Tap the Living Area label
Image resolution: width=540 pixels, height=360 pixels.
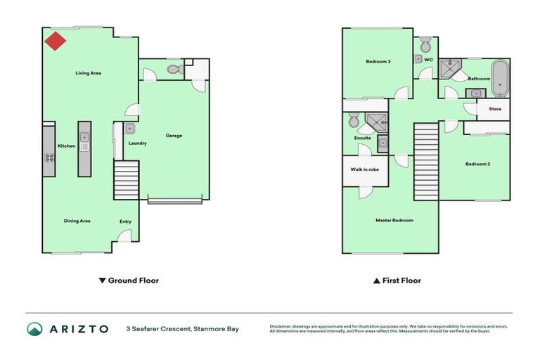pyautogui.click(x=89, y=72)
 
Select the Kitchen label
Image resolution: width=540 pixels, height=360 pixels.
pyautogui.click(x=66, y=146)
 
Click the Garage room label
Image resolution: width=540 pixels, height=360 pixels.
pyautogui.click(x=174, y=135)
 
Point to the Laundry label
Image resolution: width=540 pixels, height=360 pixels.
pyautogui.click(x=137, y=143)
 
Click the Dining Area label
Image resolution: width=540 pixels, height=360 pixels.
pyautogui.click(x=77, y=221)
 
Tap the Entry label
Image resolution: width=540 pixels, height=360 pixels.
pyautogui.click(x=125, y=221)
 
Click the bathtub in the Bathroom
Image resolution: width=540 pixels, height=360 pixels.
pyautogui.click(x=499, y=77)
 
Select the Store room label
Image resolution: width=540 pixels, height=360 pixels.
pyautogui.click(x=495, y=109)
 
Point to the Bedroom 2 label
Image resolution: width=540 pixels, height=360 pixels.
pyautogui.click(x=477, y=164)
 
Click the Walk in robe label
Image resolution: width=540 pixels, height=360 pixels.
pyautogui.click(x=365, y=169)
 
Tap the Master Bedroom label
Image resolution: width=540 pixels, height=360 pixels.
pyautogui.click(x=394, y=220)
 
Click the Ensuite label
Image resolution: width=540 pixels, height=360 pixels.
pyautogui.click(x=362, y=138)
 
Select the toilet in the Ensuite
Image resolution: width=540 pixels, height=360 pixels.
pyautogui.click(x=354, y=121)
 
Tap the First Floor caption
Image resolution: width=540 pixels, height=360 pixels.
pyautogui.click(x=401, y=281)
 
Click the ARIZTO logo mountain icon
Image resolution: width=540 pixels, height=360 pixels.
pyautogui.click(x=34, y=328)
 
